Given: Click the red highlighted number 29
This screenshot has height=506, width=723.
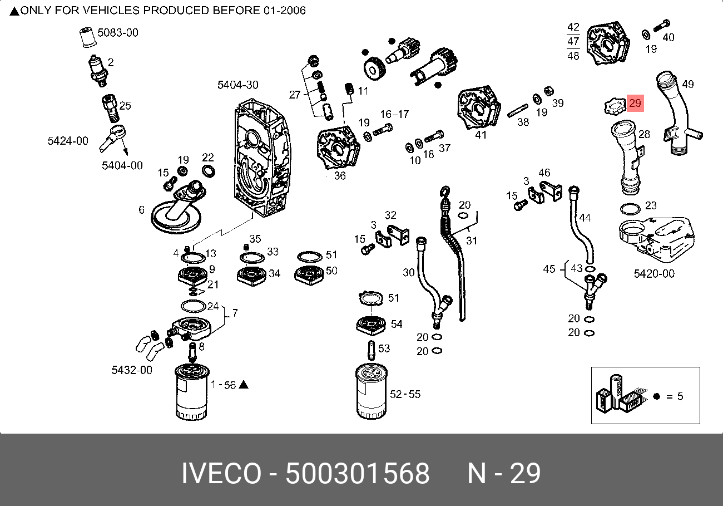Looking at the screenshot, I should tap(635, 103).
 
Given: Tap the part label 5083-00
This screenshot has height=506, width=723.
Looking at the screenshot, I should tap(118, 33).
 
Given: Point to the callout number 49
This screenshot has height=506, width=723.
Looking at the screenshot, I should tap(688, 85).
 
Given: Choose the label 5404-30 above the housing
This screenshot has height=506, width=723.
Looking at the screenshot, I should tap(237, 85).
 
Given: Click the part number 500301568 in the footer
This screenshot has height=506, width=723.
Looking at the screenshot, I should tap(358, 474).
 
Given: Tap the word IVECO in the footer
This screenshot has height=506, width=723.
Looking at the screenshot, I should tap(221, 474).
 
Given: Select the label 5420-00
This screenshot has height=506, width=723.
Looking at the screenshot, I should tap(654, 273).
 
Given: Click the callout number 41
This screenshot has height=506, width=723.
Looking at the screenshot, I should tap(481, 135).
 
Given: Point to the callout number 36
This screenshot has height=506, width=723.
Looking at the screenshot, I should tap(340, 175).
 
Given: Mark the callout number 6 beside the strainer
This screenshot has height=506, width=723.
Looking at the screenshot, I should tap(142, 210).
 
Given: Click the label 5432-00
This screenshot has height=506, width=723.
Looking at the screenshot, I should tap(132, 370).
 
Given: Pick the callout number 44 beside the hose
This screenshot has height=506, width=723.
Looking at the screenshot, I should tap(585, 218).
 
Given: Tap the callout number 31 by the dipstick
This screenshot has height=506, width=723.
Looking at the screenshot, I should tap(472, 240).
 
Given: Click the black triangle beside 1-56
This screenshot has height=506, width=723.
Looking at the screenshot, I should tap(243, 385).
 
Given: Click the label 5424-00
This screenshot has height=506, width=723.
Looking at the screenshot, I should tap(68, 141).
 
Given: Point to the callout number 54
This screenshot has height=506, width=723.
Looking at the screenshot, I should tap(397, 324).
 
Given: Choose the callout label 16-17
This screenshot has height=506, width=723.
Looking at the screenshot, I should tap(394, 114).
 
